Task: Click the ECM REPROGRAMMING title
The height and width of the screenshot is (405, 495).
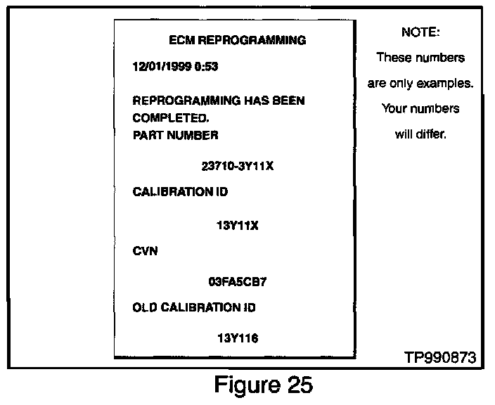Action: pyautogui.click(x=238, y=40)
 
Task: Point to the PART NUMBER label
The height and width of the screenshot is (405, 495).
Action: pyautogui.click(x=175, y=135)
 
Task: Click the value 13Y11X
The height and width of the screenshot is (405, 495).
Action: pyautogui.click(x=238, y=226)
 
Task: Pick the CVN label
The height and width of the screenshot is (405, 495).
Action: pyautogui.click(x=145, y=251)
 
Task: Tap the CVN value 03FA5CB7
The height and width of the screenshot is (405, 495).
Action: pyautogui.click(x=238, y=282)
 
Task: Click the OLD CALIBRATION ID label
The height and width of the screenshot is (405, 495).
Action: pyautogui.click(x=194, y=307)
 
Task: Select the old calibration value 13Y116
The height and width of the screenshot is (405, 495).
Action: pyautogui.click(x=238, y=338)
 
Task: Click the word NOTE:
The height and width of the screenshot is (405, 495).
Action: pyautogui.click(x=420, y=32)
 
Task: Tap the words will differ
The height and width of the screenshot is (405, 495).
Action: pyautogui.click(x=420, y=134)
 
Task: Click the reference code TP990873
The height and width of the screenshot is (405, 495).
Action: pyautogui.click(x=440, y=357)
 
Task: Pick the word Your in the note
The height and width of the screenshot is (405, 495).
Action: pyautogui.click(x=396, y=109)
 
